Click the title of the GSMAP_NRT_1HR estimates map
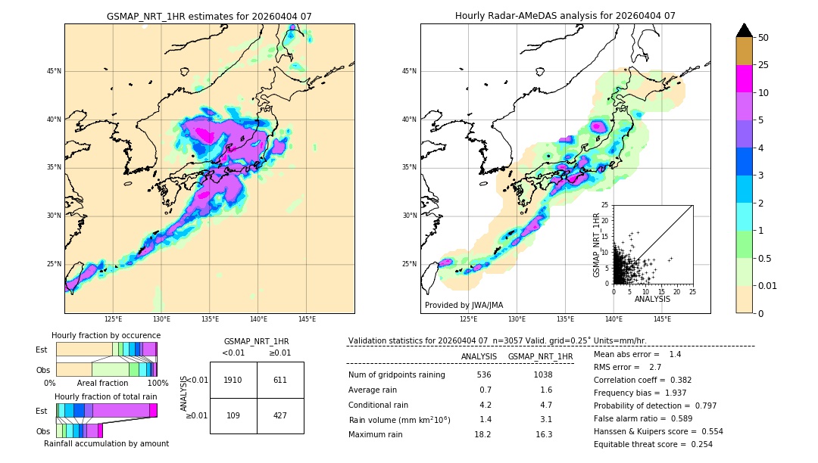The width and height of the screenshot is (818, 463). (209, 16)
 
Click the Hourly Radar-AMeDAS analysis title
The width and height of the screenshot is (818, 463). (565, 16)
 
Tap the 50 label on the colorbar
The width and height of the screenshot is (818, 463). (763, 38)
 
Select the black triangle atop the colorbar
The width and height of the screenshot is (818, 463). (745, 30)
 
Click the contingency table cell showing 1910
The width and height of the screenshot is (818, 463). (233, 380)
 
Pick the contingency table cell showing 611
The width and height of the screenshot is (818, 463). (280, 380)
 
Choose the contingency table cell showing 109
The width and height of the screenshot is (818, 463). (233, 416)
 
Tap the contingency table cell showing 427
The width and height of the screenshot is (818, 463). (280, 416)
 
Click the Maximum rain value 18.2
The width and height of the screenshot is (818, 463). (482, 434)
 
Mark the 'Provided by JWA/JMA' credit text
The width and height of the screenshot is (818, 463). (464, 305)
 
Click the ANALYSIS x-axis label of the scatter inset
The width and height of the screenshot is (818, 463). (652, 299)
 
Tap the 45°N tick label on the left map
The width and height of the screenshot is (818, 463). (54, 71)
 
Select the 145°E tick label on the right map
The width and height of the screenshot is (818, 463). (662, 319)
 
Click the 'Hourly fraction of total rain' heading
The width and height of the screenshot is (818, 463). (106, 396)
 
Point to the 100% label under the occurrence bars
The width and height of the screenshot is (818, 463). (158, 383)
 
